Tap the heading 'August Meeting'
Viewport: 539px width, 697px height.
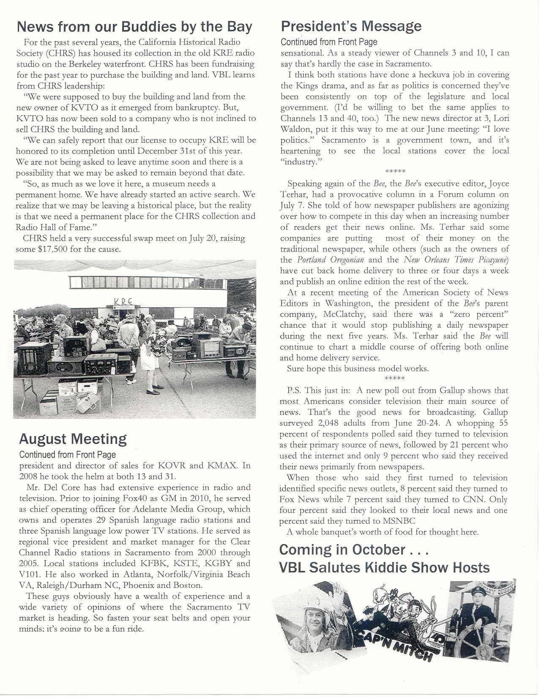coord(73,439)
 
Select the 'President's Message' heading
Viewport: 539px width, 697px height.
coord(351,26)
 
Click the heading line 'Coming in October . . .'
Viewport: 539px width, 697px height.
coord(354,550)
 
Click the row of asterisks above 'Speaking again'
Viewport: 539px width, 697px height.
coord(395,172)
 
